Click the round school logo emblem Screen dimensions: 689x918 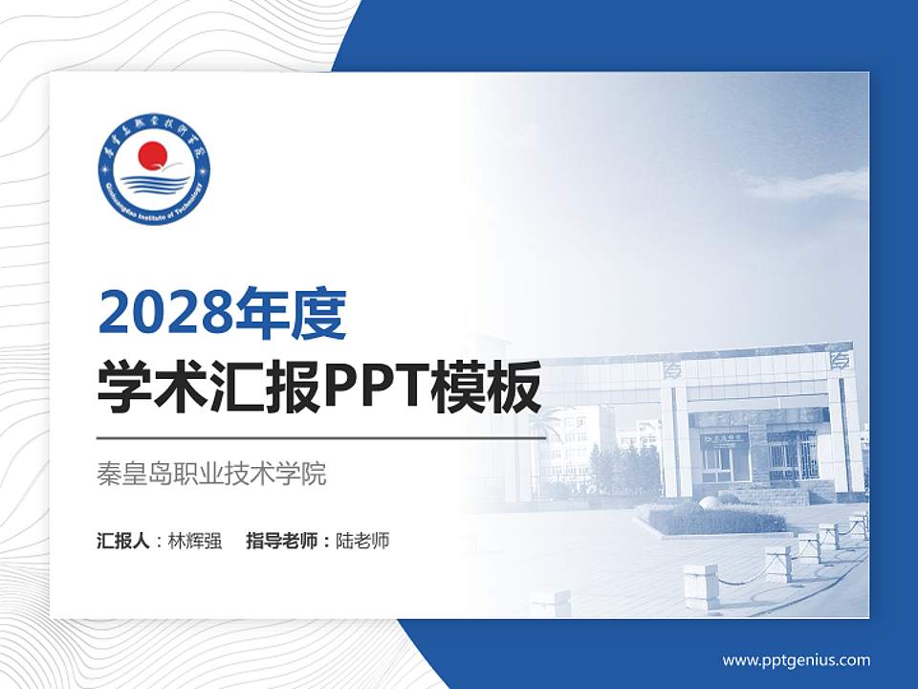tap(153, 173)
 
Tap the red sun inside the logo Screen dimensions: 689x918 tap(153, 157)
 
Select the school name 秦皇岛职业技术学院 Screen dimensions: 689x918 tap(212, 474)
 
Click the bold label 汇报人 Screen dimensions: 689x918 tap(123, 541)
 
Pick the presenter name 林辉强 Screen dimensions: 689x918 tap(194, 541)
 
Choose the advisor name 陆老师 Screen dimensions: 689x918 tap(362, 541)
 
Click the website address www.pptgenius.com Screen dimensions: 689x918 tap(796, 659)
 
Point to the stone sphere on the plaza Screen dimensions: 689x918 tap(710, 501)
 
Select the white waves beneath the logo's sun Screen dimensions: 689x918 tap(153, 183)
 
